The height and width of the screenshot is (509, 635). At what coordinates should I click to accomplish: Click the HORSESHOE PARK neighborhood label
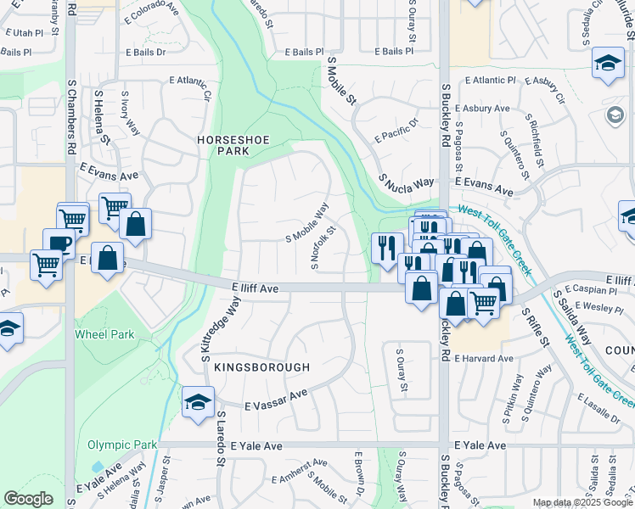[x=223, y=144]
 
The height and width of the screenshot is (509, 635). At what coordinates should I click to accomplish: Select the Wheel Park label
[x=104, y=334]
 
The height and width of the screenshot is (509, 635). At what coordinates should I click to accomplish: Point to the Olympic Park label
[x=122, y=445]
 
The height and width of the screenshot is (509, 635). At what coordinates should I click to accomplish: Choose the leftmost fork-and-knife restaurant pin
[x=385, y=248]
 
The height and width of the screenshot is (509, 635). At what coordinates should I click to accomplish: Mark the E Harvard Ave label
[x=484, y=359]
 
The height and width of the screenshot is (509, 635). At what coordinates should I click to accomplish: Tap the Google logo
[x=29, y=499]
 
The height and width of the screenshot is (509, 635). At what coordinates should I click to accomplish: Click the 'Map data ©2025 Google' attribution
[x=582, y=502]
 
